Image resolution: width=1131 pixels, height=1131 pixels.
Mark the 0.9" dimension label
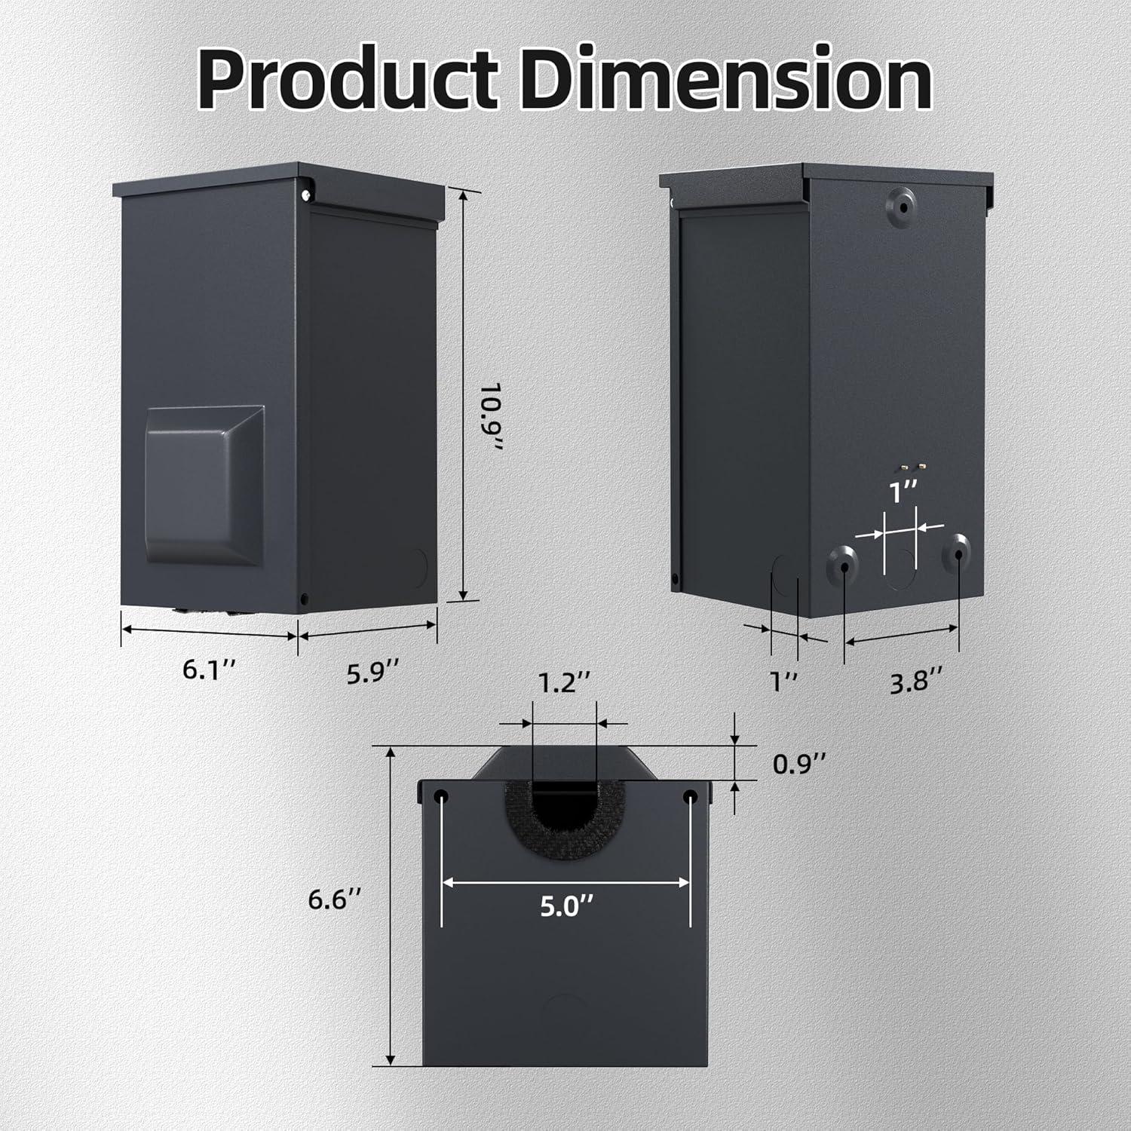click(800, 765)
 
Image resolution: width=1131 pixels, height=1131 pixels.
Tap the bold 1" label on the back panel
click(902, 494)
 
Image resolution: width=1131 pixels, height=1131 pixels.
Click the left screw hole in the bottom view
click(441, 797)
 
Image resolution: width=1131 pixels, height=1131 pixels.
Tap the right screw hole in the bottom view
click(690, 797)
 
